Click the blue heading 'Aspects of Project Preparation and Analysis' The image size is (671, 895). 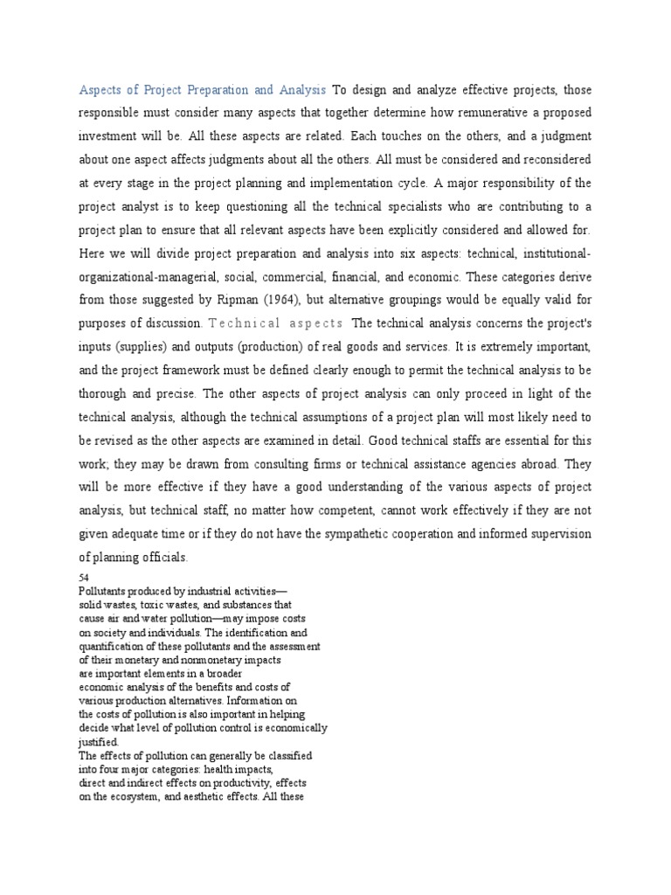[203, 89]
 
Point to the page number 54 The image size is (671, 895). [84, 579]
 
